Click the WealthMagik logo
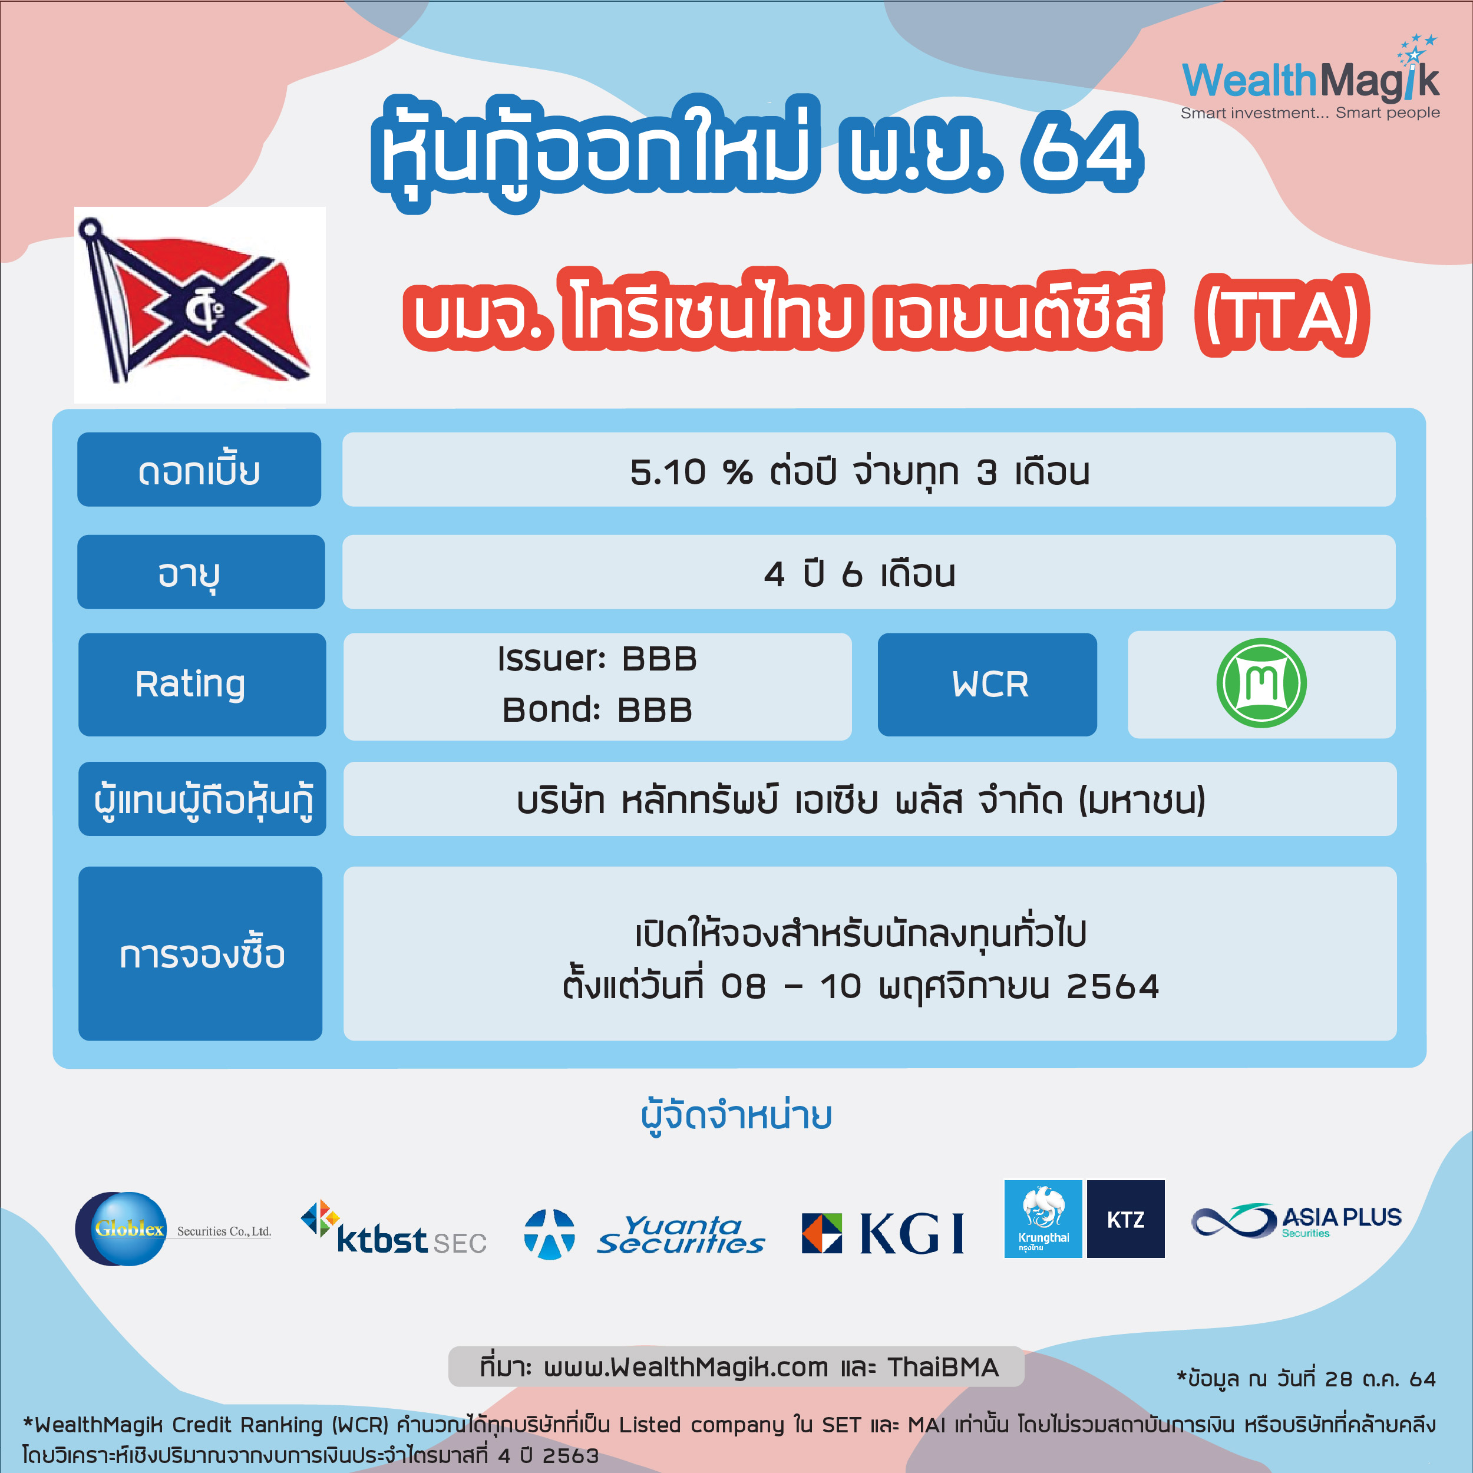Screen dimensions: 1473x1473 point(1310,78)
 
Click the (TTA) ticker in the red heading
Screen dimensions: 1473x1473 point(1282,315)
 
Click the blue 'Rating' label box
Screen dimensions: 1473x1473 point(202,684)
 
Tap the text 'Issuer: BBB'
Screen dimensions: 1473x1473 point(597,659)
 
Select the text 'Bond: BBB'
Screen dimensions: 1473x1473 point(597,710)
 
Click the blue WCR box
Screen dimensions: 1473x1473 point(987,684)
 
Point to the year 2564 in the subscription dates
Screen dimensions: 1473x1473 point(1112,986)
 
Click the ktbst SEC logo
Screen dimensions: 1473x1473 point(394,1228)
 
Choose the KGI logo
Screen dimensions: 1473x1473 point(883,1233)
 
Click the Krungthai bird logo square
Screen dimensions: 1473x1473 point(1043,1219)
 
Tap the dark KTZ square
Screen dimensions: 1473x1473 point(1125,1219)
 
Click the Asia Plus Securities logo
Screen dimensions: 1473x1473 point(1296,1221)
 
